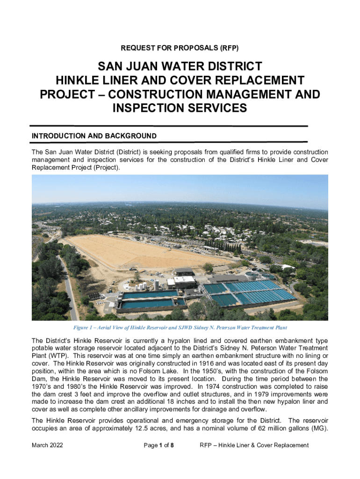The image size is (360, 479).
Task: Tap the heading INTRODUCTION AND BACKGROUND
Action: pyautogui.click(x=94, y=136)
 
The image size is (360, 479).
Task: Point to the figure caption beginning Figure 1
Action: pyautogui.click(x=180, y=327)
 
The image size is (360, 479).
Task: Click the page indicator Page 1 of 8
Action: pyautogui.click(x=159, y=445)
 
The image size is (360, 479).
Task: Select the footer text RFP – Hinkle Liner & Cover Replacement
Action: pyautogui.click(x=254, y=445)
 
